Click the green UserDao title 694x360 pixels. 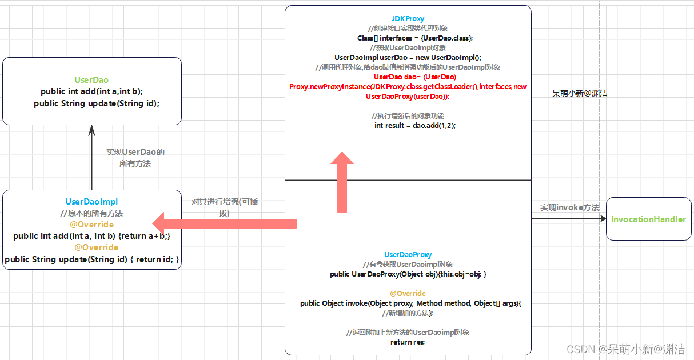pyautogui.click(x=91, y=80)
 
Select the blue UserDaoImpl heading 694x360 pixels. pyautogui.click(x=91, y=202)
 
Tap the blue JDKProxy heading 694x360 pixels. pyautogui.click(x=408, y=18)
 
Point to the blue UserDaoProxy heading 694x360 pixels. pyautogui.click(x=408, y=255)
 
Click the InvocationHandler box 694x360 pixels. pyautogui.click(x=648, y=219)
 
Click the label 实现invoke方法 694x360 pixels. pyautogui.click(x=569, y=207)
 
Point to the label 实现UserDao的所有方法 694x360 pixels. pyautogui.click(x=135, y=158)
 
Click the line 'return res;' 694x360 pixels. pyautogui.click(x=408, y=342)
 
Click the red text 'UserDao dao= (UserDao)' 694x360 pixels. pyautogui.click(x=415, y=77)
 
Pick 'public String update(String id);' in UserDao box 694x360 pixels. pyautogui.click(x=97, y=103)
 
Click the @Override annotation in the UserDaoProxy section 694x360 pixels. pyautogui.click(x=408, y=294)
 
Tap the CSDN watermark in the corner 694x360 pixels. pyautogui.click(x=625, y=349)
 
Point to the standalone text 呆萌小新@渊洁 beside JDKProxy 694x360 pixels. pyautogui.click(x=580, y=93)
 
